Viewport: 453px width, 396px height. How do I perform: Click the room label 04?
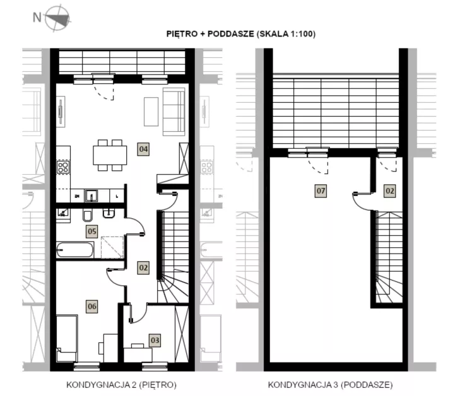click(x=143, y=149)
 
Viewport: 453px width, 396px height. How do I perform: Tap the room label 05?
click(x=92, y=231)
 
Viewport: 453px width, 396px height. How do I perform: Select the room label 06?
click(x=92, y=306)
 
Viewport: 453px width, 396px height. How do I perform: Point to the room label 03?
click(x=155, y=341)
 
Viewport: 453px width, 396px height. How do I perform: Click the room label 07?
click(x=321, y=191)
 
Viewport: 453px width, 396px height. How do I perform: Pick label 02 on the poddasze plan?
click(x=390, y=191)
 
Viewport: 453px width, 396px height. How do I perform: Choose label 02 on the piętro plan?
click(x=143, y=268)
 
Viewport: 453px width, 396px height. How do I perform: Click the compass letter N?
click(x=37, y=17)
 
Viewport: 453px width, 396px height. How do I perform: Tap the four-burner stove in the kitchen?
click(x=63, y=167)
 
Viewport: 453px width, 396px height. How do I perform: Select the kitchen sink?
click(x=91, y=196)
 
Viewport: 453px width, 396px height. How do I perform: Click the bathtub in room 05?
click(x=75, y=250)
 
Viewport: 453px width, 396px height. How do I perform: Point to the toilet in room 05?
click(x=87, y=215)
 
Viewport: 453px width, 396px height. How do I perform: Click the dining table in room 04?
click(x=110, y=155)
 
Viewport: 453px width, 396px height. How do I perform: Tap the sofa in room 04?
click(x=174, y=112)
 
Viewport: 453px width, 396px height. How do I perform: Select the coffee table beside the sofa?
click(x=151, y=112)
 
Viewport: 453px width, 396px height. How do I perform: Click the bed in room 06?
click(x=67, y=338)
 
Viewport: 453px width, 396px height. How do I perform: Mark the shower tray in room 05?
click(x=112, y=247)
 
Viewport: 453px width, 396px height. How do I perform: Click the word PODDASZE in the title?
click(x=231, y=34)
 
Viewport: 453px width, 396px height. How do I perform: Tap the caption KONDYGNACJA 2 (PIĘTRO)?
click(x=121, y=385)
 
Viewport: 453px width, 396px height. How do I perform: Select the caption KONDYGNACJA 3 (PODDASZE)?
click(x=330, y=385)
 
